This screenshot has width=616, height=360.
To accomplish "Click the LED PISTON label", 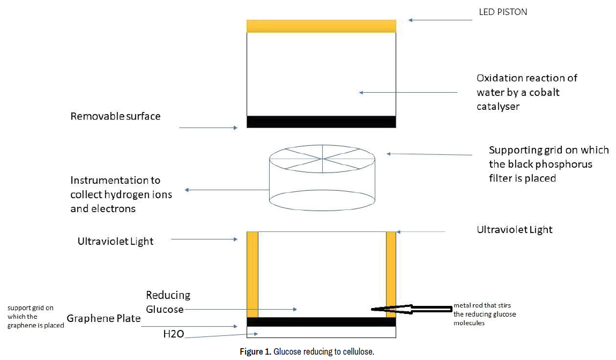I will point(502,12).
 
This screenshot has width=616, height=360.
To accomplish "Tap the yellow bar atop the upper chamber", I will point(321,26).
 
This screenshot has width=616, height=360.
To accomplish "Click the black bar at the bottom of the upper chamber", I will point(321,122).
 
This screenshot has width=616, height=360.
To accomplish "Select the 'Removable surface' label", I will point(115,116).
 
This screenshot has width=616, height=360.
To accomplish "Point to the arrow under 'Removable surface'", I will point(208,127).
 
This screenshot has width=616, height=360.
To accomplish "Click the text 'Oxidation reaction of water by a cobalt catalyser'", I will point(526,92).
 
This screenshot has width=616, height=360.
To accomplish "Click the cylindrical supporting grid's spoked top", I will point(322,159).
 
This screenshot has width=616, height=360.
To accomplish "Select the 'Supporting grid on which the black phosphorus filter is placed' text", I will point(540,164).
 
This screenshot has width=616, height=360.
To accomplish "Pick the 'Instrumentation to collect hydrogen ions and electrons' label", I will point(121,194).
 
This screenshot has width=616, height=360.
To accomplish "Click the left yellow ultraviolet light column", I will point(253,274).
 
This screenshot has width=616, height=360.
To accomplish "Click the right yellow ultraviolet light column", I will point(391,274).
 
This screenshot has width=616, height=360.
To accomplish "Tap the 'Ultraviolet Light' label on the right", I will point(515,230).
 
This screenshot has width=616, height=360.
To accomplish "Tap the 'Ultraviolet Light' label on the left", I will point(115,241).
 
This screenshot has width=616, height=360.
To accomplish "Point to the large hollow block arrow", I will point(413,309).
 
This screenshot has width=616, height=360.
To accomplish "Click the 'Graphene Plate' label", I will point(103,319).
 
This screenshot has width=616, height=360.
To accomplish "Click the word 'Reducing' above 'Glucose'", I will point(168,295).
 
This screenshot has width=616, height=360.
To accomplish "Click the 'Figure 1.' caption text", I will point(255,352).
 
